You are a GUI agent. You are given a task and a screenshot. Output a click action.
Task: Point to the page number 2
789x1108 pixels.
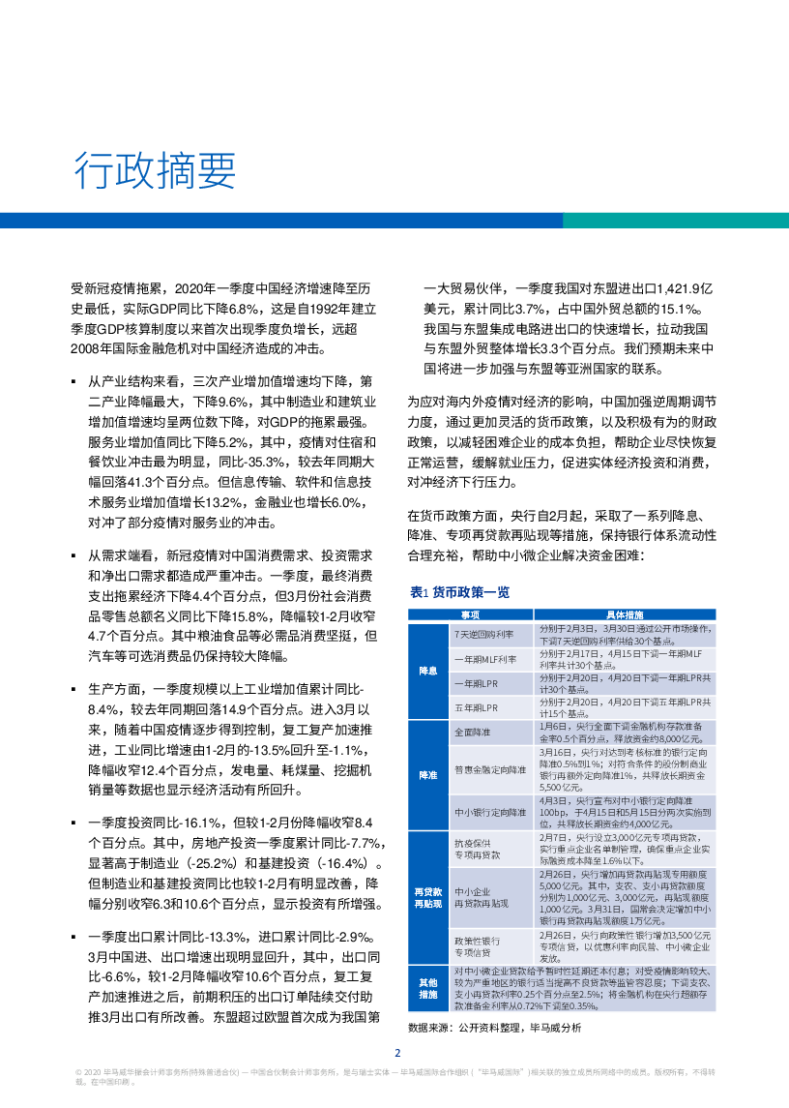coord(395,1054)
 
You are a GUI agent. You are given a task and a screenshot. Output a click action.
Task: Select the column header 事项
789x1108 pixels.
coord(468,614)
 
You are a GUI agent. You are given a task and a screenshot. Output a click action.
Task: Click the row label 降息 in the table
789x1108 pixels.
coord(427,670)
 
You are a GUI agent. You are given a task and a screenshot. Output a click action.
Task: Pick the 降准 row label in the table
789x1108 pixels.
coord(427,777)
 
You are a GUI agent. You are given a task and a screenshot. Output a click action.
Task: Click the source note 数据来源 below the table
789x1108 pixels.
coord(494,1028)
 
